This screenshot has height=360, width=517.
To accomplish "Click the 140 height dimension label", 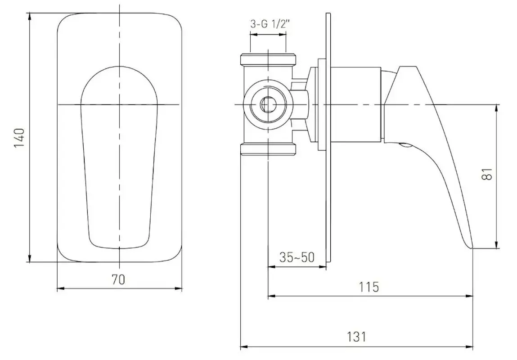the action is click(19, 138).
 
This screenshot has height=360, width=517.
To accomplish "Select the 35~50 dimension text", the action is click(297, 257).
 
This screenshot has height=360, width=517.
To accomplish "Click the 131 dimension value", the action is click(356, 337).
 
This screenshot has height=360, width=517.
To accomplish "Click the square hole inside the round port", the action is click(267, 105).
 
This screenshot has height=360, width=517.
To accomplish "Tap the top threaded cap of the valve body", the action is click(268, 58).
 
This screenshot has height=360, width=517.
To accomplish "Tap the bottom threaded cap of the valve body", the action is click(268, 149).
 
